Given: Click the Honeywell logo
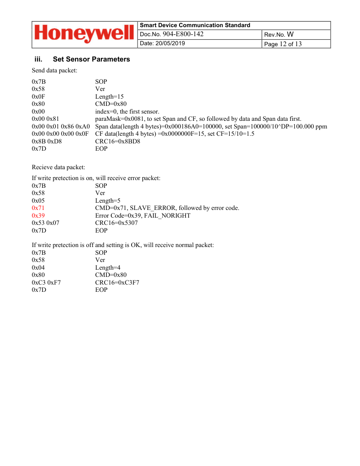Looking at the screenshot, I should tap(84, 34).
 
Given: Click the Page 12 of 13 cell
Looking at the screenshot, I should tap(283, 44).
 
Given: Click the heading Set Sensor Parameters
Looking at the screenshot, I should tap(91, 59).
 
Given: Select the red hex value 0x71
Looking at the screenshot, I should tap(38, 208).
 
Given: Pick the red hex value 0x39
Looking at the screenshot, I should tap(38, 216).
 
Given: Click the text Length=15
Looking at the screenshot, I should tap(109, 96).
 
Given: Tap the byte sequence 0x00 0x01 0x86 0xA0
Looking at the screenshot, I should tap(61, 126).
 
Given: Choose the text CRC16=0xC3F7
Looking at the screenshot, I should tap(117, 282).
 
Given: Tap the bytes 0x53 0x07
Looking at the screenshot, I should tap(46, 223).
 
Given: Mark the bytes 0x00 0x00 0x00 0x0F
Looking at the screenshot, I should tap(60, 134).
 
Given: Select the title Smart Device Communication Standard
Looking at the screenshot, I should tap(195, 25).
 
